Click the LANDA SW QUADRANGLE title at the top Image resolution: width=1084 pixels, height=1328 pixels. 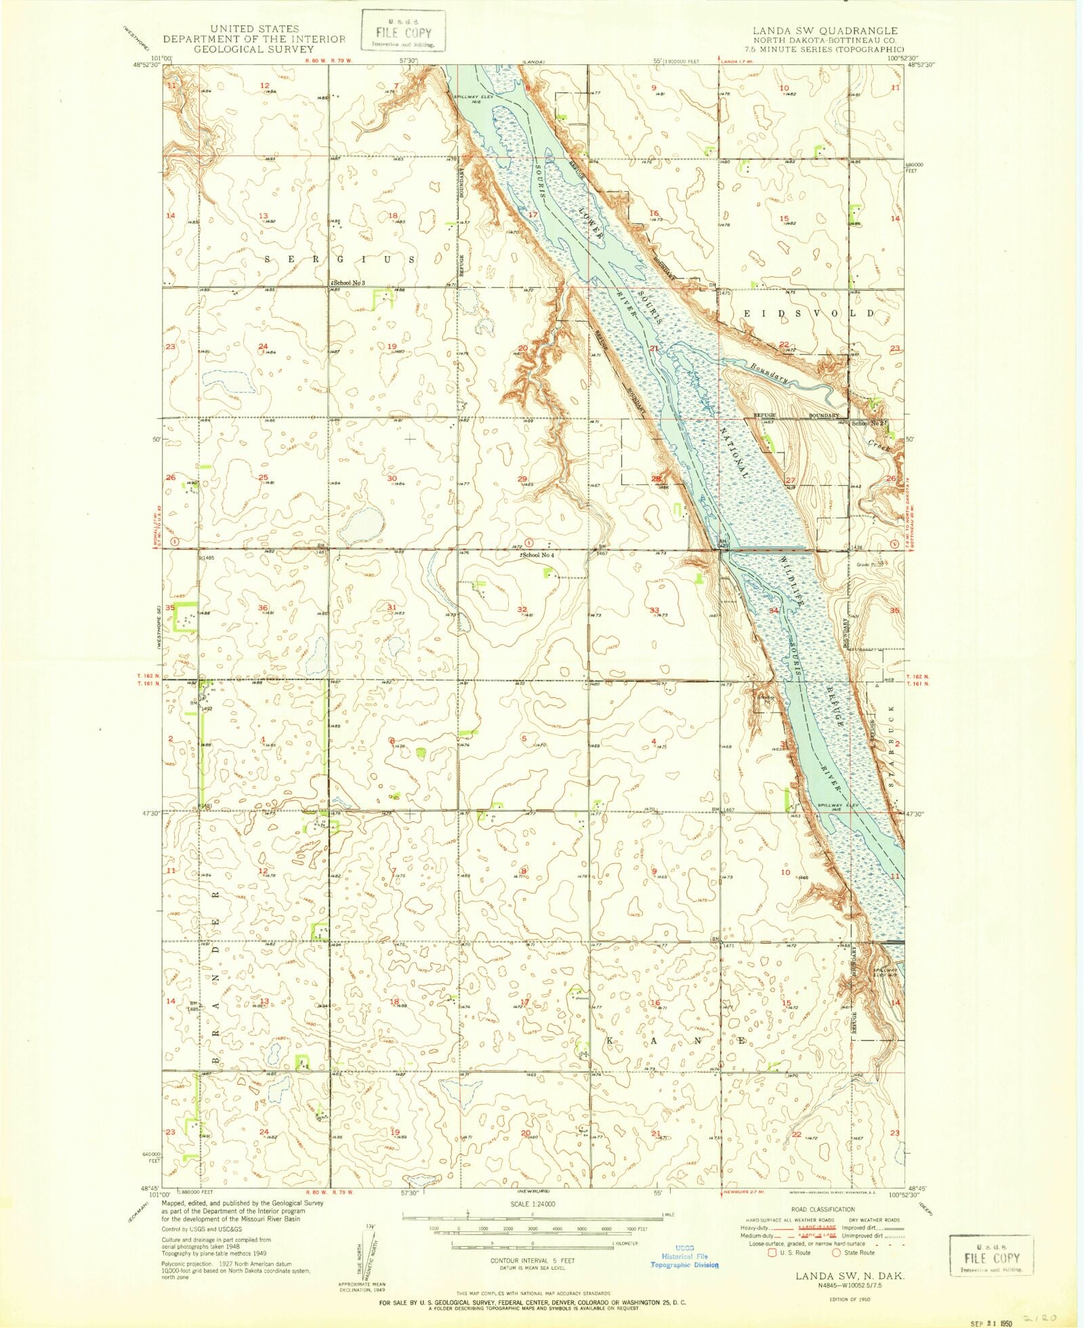point(825,31)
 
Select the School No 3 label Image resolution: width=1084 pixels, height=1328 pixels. point(348,282)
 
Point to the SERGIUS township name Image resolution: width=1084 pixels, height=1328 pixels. point(339,260)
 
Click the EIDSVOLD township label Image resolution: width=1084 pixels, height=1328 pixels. point(809,314)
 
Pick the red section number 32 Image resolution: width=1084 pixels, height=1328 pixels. point(522,609)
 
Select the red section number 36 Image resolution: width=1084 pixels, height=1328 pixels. point(263,608)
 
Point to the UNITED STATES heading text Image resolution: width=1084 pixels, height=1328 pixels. point(254,28)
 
